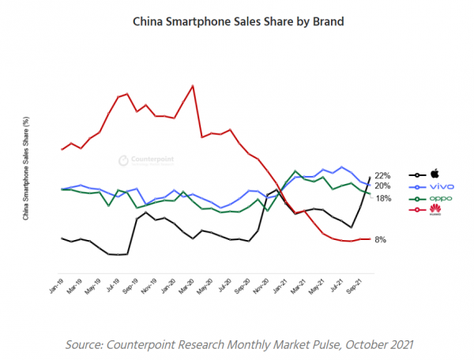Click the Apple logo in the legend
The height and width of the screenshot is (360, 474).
pyautogui.click(x=434, y=174)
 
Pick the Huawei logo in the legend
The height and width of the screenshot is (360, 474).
pyautogui.click(x=435, y=210)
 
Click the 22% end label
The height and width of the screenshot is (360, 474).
pyautogui.click(x=383, y=175)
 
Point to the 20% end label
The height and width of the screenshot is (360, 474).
pyautogui.click(x=383, y=186)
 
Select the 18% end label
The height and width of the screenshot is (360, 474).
pyautogui.click(x=383, y=198)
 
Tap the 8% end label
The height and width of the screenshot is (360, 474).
pyautogui.click(x=381, y=239)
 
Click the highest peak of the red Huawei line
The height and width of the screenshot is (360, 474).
pyautogui.click(x=193, y=85)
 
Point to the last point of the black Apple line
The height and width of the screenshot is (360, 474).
pyautogui.click(x=371, y=177)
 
